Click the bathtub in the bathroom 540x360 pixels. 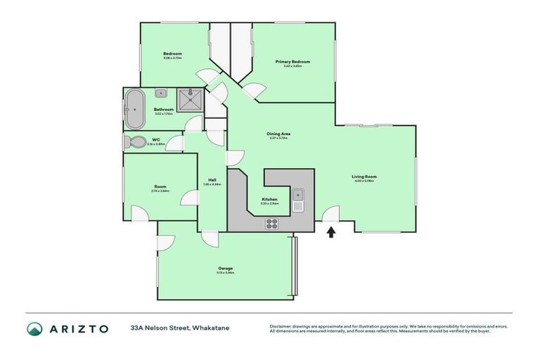tap(134, 109)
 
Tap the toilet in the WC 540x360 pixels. tap(136, 142)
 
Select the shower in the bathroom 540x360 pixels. tap(190, 100)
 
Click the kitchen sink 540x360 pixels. tap(298, 200)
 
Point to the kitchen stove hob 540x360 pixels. tap(271, 224)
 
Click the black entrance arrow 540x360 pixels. tap(331, 231)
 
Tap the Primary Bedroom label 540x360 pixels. tap(292, 62)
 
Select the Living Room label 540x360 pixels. tap(364, 176)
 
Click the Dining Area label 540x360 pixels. tap(279, 134)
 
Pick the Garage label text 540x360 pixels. tap(225, 268)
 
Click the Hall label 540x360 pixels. tap(212, 180)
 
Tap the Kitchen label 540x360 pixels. tap(270, 199)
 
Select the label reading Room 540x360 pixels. tap(160, 186)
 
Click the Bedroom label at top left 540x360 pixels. tap(173, 54)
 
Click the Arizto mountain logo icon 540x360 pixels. tap(34, 328)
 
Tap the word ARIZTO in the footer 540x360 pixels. tap(79, 328)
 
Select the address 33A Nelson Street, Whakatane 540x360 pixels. tap(179, 328)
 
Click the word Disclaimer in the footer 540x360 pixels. tap(281, 326)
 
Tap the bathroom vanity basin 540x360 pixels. tap(161, 92)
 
